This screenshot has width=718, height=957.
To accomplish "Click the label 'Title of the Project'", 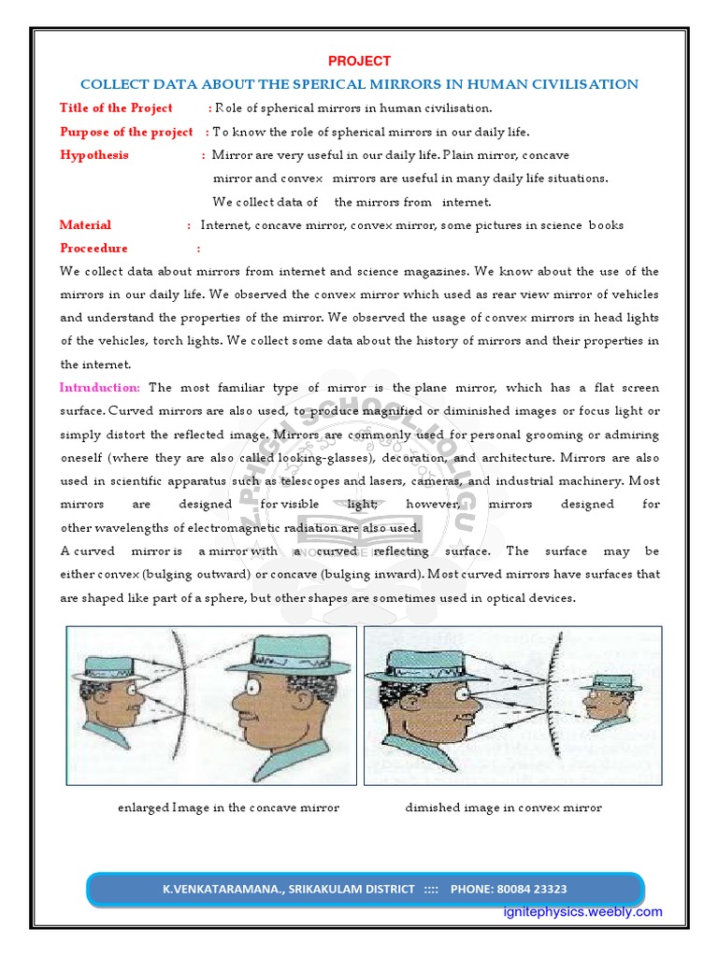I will coord(116,108).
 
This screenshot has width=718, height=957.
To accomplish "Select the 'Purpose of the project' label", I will coord(126,132).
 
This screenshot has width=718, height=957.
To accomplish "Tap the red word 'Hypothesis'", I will coord(94,155).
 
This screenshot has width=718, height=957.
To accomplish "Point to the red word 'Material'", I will coord(85,225).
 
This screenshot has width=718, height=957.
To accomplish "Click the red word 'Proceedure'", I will coord(93,249).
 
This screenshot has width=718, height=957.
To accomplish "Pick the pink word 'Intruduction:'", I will coord(100,388).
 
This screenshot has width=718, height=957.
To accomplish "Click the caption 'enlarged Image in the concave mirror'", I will coord(228,807).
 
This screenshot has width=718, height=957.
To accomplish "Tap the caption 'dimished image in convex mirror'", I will coord(503,807).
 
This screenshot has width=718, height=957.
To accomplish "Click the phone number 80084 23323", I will coord(529,889).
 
